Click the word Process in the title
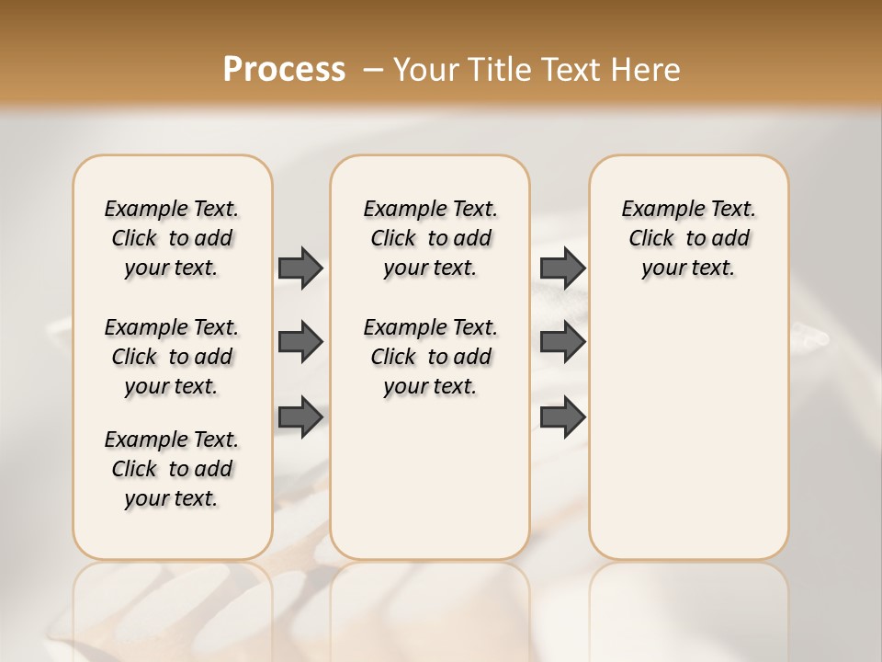pyautogui.click(x=284, y=70)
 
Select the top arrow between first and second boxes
pyautogui.click(x=300, y=268)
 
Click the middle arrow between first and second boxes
pyautogui.click(x=300, y=343)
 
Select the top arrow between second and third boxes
pyautogui.click(x=562, y=268)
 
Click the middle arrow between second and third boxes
pyautogui.click(x=562, y=343)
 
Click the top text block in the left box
pyautogui.click(x=172, y=238)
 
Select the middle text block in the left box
pyautogui.click(x=172, y=357)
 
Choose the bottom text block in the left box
pyautogui.click(x=172, y=469)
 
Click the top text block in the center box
pyautogui.click(x=430, y=238)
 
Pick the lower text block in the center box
pyautogui.click(x=430, y=357)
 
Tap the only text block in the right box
pyautogui.click(x=688, y=238)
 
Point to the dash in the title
pyautogui.click(x=372, y=70)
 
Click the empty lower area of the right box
pyautogui.click(x=688, y=441)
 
